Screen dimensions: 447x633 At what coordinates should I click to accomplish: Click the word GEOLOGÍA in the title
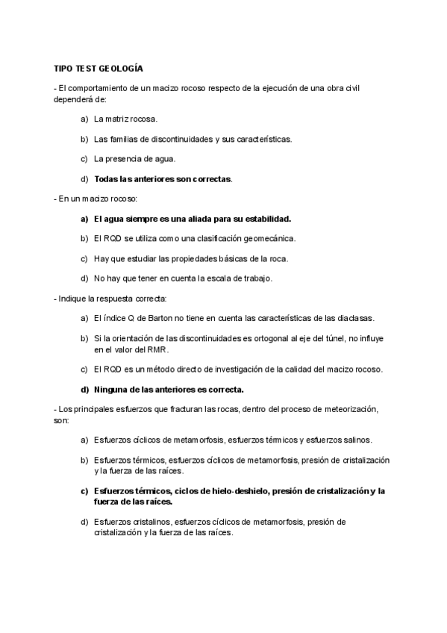coord(122,68)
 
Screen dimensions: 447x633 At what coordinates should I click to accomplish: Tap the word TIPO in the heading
coord(63,68)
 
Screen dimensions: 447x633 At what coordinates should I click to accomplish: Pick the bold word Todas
coord(107,179)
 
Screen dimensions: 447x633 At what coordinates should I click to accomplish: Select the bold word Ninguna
coord(113,389)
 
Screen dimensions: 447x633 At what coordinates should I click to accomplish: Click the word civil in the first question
coord(366,89)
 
